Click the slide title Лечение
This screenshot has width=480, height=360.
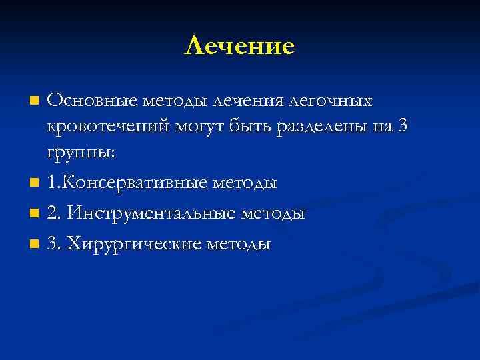click(239, 46)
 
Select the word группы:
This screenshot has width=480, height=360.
click(81, 153)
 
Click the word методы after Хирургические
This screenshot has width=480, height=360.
click(239, 244)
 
